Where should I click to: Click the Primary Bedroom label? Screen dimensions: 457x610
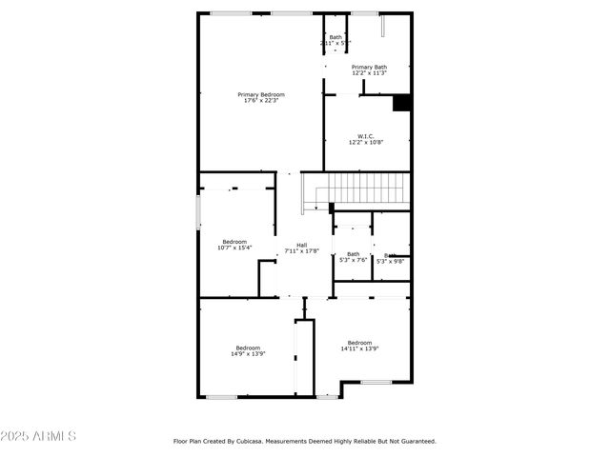pos(260,94)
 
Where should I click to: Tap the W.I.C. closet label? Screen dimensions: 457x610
pos(365,136)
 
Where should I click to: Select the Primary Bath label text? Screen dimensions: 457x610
pos(369,67)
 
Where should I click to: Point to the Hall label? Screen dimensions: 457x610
pos(301,245)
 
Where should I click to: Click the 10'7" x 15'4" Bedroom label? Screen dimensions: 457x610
pos(234,241)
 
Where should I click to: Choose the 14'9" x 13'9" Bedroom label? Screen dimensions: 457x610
pos(248,348)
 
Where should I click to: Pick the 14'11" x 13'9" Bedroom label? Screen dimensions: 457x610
pos(359,343)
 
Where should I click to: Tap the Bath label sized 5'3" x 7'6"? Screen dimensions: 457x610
pos(353,253)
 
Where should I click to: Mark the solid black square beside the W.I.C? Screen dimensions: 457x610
pos(401,103)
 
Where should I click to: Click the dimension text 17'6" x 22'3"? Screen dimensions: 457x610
pos(260,101)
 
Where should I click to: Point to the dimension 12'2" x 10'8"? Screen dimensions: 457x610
pos(365,143)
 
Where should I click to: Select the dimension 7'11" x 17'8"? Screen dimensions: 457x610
pos(301,251)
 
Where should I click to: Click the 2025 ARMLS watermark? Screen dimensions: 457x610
pos(39,436)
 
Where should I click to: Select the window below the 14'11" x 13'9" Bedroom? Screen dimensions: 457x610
pos(376,382)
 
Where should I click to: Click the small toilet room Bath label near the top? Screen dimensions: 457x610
pos(335,37)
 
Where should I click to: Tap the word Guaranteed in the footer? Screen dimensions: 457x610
pos(416,441)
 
